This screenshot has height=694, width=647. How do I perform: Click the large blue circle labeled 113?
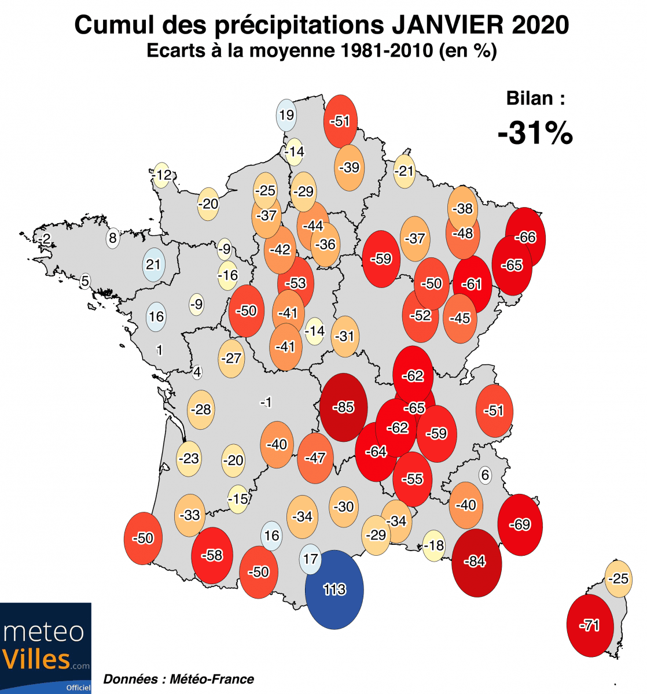pos(334,589)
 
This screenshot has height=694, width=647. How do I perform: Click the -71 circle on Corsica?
pos(590,625)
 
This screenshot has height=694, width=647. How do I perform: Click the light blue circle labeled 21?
pos(153,264)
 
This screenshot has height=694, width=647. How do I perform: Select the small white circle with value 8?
pos(113,238)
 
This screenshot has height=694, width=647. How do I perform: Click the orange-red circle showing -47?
pos(315,458)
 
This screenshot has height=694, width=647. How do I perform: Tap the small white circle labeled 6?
pos(485,475)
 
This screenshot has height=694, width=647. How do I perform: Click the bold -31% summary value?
pos(535,133)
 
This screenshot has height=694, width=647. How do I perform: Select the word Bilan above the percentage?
pos(529,98)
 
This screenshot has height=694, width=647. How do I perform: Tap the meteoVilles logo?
pos(45,648)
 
